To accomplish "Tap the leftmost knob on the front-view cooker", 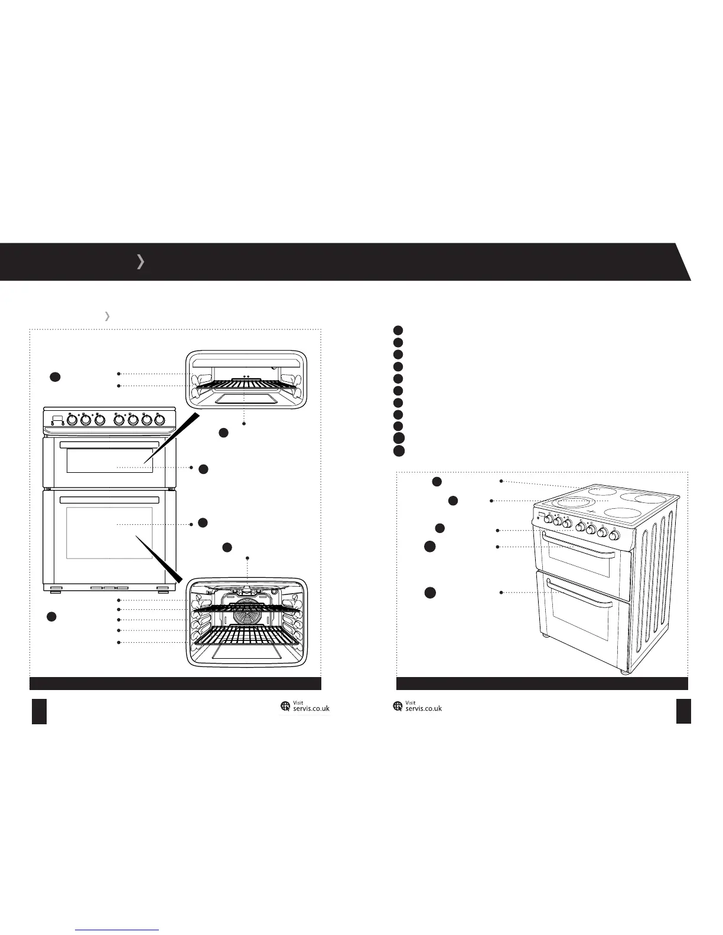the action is click(x=72, y=420).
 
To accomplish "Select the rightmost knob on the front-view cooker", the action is click(x=158, y=420).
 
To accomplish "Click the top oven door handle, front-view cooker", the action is click(x=109, y=444).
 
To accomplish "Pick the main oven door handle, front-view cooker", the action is click(x=109, y=499).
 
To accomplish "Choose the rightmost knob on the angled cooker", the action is click(x=615, y=536).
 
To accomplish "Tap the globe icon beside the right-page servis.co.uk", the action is click(x=398, y=706).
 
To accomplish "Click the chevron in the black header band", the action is click(x=140, y=261).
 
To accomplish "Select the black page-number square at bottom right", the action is click(x=683, y=711).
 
